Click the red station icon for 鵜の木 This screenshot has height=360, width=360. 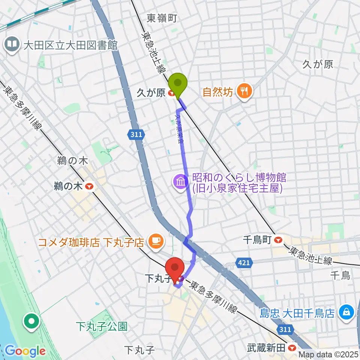(89, 186)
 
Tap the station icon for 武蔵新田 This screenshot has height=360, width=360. (293, 348)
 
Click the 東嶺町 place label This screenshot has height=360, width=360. (161, 18)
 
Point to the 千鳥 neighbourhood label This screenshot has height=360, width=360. (340, 276)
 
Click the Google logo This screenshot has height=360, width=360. (25, 351)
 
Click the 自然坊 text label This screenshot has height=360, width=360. (218, 91)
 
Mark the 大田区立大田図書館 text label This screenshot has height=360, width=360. (70, 46)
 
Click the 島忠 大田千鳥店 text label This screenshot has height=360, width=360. (298, 313)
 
